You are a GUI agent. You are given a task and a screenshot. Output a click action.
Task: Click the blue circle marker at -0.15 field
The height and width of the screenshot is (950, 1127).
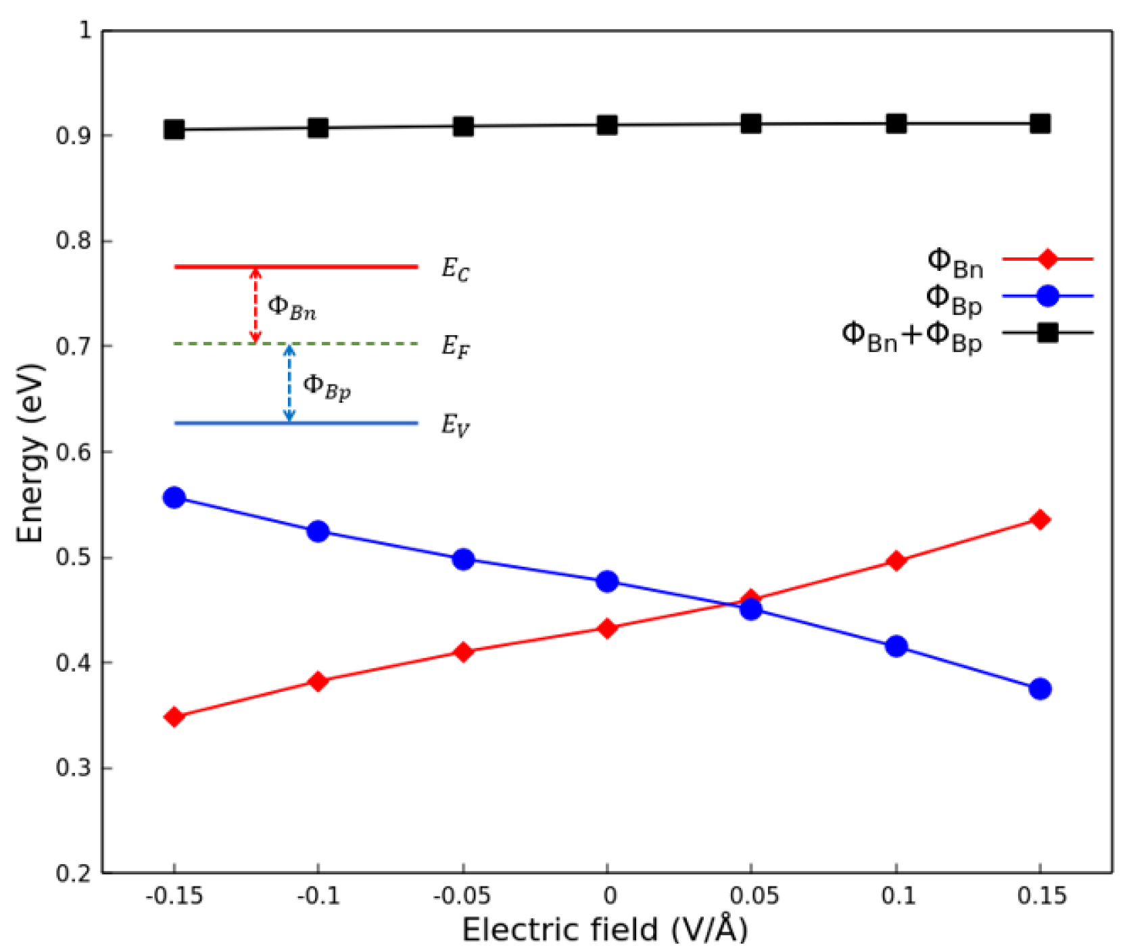174,498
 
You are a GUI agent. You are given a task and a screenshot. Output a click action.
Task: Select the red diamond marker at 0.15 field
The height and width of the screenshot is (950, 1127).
1040,520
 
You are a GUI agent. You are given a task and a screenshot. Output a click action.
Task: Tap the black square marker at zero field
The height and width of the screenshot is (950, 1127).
607,125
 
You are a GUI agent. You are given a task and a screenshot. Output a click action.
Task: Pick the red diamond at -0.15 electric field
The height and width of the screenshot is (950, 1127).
174,716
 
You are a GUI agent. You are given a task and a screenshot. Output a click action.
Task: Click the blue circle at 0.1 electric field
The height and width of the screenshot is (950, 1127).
896,647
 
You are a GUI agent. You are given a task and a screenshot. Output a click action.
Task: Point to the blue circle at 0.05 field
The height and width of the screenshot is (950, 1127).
751,609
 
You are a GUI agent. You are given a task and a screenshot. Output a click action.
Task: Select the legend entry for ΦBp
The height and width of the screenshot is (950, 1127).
954,299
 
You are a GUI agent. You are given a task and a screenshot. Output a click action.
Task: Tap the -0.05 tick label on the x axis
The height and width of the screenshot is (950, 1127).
461,896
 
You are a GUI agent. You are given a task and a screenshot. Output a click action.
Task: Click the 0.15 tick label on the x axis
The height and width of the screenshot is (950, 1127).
1041,896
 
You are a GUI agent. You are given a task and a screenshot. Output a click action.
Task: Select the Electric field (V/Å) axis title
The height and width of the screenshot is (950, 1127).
605,930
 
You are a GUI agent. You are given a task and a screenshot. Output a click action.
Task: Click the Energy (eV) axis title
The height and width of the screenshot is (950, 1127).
30,453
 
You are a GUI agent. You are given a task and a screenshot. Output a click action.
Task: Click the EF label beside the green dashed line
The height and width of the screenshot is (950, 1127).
455,347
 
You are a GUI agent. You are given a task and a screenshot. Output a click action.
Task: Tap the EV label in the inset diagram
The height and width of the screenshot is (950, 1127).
455,426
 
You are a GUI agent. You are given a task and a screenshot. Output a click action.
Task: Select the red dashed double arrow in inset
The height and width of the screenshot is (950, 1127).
256,305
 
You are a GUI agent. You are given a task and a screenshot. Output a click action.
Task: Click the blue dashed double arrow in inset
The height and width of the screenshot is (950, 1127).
289,384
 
